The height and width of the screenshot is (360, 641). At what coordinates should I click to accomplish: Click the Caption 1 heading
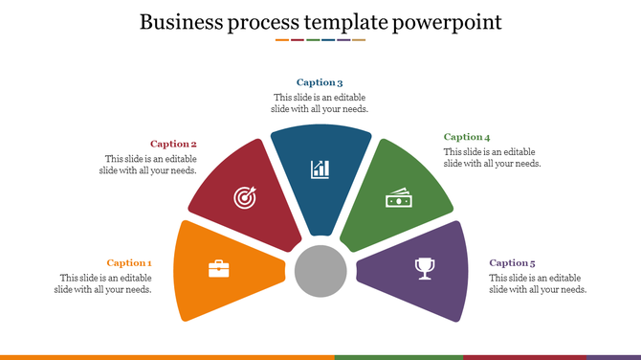(129, 262)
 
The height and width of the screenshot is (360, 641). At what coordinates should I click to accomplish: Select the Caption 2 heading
(173, 144)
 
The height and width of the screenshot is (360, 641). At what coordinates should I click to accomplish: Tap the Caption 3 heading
(320, 82)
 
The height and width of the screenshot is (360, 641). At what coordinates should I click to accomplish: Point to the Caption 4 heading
(467, 137)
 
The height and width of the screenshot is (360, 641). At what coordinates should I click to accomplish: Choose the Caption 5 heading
(512, 262)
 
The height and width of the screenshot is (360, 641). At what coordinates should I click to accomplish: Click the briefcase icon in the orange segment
(219, 269)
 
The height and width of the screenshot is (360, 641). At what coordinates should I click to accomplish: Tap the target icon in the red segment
(246, 198)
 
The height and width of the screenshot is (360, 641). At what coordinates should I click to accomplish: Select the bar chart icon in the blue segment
(320, 169)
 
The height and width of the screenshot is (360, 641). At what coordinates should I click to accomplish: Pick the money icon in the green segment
(398, 198)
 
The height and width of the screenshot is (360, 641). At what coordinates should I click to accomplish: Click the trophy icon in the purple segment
(424, 269)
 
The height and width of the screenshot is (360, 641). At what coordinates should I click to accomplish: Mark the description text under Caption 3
(320, 103)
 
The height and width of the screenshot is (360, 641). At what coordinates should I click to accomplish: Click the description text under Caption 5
(538, 283)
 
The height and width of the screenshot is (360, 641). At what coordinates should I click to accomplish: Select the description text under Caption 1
(103, 283)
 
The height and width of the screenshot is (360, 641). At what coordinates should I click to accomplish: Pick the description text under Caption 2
(148, 165)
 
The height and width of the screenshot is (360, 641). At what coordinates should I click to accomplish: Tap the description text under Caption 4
(493, 158)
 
